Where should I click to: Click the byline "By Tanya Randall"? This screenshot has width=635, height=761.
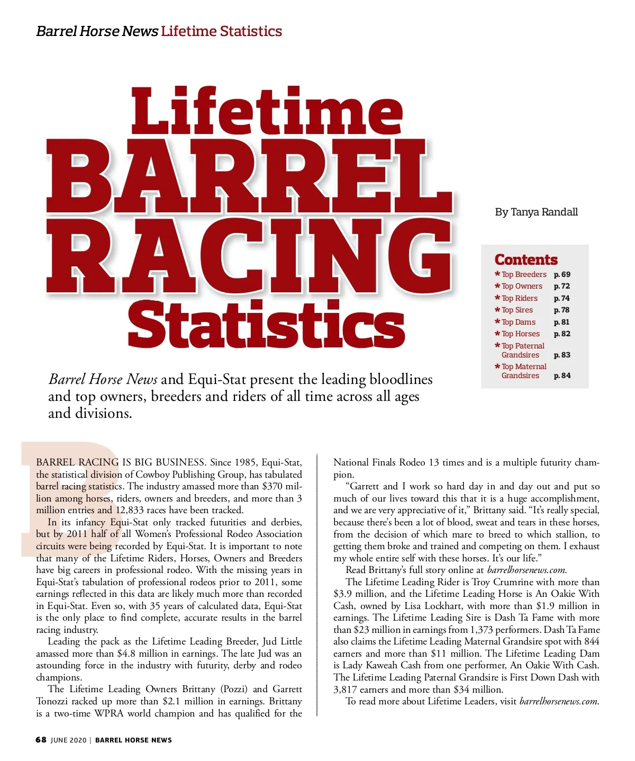(x=536, y=212)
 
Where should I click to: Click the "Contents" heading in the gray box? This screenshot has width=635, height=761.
(x=526, y=259)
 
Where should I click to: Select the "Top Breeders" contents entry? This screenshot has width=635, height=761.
(x=524, y=274)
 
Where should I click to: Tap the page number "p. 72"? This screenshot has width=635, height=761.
(x=562, y=286)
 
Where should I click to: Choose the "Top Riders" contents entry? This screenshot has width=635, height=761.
(x=519, y=298)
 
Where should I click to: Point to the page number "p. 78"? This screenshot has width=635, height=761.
(x=562, y=310)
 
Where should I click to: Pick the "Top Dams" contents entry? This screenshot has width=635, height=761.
(x=518, y=322)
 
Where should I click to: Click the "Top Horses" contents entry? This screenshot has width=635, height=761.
(x=520, y=334)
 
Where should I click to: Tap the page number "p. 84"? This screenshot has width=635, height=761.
(x=562, y=375)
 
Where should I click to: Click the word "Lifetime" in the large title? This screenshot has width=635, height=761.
(x=267, y=111)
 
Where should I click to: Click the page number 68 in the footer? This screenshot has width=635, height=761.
(x=41, y=740)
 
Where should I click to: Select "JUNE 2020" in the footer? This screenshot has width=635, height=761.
(x=68, y=740)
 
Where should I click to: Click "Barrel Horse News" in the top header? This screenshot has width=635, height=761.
(x=97, y=31)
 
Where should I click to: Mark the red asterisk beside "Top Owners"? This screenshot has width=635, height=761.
(x=497, y=287)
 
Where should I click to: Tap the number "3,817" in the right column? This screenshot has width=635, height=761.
(x=347, y=689)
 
